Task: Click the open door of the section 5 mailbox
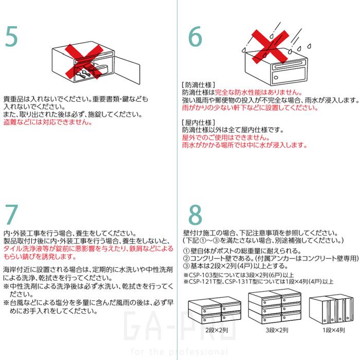tap(131, 71)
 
